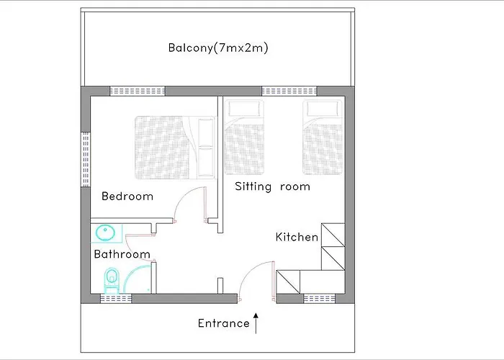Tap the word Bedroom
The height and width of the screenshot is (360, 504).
(x=127, y=196)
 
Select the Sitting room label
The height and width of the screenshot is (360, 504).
(x=272, y=186)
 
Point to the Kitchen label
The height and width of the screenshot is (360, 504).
(x=297, y=236)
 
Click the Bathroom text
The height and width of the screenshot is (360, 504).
(x=122, y=254)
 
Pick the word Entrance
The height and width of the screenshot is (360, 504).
(x=223, y=323)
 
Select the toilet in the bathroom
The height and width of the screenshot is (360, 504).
(x=112, y=279)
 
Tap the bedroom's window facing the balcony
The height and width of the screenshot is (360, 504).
(x=138, y=91)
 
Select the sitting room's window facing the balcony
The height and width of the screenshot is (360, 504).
(x=289, y=91)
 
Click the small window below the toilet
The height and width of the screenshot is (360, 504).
(x=115, y=299)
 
